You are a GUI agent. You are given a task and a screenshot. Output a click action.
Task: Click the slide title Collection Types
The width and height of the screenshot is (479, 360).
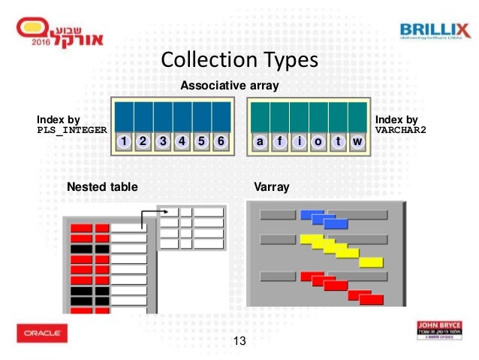tap(240, 59)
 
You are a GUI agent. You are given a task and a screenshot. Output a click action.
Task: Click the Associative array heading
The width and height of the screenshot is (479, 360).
tap(230, 86)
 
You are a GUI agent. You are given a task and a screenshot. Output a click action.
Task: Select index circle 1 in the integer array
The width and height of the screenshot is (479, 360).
tap(124, 141)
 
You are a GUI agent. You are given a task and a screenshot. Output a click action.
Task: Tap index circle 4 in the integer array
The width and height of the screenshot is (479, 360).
tap(182, 141)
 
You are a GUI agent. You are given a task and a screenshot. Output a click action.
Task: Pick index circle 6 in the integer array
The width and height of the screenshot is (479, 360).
tap(220, 141)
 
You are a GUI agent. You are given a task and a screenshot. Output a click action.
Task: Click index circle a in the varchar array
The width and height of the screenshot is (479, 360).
tap(260, 141)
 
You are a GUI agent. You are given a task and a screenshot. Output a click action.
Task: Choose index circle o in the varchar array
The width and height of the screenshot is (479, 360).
tap(318, 141)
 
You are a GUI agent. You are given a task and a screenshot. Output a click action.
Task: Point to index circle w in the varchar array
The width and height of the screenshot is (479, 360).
tap(357, 141)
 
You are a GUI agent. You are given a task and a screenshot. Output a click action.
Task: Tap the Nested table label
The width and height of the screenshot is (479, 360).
tap(102, 186)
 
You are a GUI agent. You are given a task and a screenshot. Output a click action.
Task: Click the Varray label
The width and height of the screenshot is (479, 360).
tap(272, 186)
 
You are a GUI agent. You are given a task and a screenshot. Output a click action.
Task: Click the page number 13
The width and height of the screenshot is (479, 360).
tap(240, 342)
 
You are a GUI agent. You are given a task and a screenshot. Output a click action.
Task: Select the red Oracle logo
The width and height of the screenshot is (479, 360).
tap(42, 332)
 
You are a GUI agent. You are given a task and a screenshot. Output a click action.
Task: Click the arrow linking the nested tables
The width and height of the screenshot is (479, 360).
tap(151, 216)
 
